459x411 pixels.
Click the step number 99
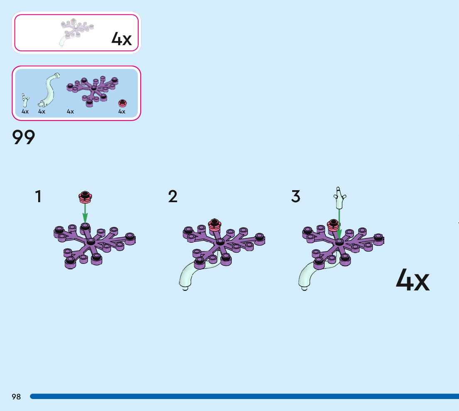[24, 138]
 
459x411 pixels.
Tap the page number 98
[16, 396]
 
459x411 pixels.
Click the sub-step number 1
[38, 196]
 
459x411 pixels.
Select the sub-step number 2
[173, 196]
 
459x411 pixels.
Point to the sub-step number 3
[295, 196]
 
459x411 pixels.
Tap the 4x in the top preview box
[121, 39]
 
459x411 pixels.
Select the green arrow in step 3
[339, 224]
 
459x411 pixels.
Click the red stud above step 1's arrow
[85, 197]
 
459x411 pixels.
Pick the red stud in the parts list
[122, 103]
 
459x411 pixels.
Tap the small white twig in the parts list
[26, 99]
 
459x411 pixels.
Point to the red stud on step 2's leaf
[215, 224]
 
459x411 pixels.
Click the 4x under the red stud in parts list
[122, 111]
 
